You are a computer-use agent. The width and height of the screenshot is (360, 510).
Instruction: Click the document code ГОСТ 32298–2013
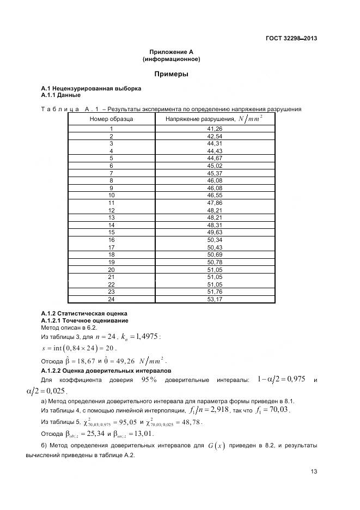point(291,38)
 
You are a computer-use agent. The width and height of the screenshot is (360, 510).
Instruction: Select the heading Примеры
point(171,74)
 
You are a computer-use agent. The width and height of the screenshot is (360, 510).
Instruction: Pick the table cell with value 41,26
point(215,129)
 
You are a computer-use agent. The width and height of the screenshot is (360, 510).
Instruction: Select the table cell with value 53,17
point(215,299)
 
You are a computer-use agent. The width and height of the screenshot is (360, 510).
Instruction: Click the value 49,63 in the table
point(215,232)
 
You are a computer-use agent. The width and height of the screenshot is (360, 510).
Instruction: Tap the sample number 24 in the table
point(111,299)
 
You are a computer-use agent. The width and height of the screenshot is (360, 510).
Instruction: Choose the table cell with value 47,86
point(215,202)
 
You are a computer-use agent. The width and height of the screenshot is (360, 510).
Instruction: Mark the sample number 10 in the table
point(111,195)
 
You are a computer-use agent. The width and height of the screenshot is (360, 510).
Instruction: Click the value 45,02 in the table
point(215,165)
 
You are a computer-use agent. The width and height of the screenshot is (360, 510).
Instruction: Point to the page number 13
point(314,471)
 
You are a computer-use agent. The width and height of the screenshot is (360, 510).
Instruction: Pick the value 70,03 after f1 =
point(279,409)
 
